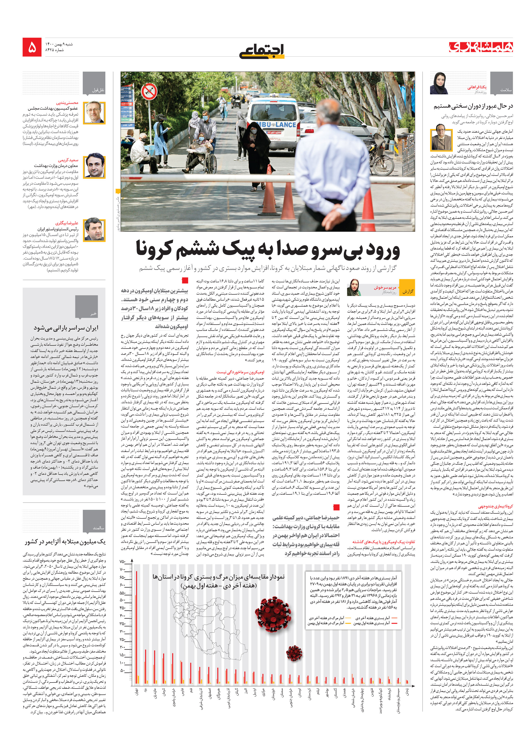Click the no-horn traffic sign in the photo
tap(149, 92)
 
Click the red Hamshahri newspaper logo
tap(481, 47)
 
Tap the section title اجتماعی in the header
tap(262, 51)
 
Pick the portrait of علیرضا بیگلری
tap(94, 230)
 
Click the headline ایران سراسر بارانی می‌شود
tap(66, 328)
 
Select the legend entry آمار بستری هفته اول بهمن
tap(371, 623)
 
